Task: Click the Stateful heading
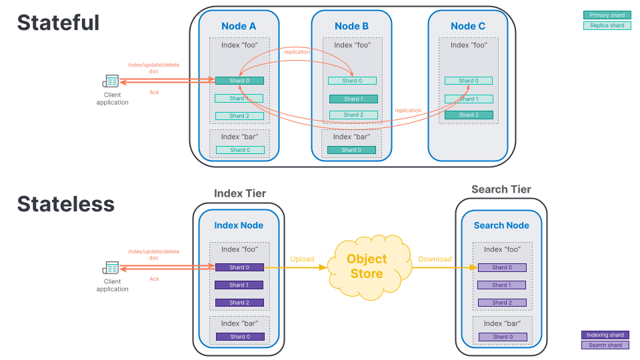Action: pos(58,23)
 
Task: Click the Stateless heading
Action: pos(65,203)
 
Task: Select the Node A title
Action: pos(239,26)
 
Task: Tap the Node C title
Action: pos(468,26)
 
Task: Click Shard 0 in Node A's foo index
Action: pos(239,81)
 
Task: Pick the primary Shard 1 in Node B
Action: pos(353,99)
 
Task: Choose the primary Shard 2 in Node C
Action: pos(468,115)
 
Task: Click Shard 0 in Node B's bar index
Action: pos(351,150)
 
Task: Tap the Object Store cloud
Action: pos(366,266)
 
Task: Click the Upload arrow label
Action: pos(302,259)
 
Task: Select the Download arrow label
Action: pos(435,259)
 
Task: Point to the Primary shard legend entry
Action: pos(607,15)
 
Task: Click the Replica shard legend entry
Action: pos(607,25)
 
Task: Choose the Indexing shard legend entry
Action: pos(605,335)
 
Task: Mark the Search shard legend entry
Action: pos(605,345)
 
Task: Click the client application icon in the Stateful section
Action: pos(111,81)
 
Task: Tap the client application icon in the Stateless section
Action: pos(111,268)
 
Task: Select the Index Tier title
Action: pos(240,193)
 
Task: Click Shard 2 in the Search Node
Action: pos(502,303)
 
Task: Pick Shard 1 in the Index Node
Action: pos(239,285)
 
